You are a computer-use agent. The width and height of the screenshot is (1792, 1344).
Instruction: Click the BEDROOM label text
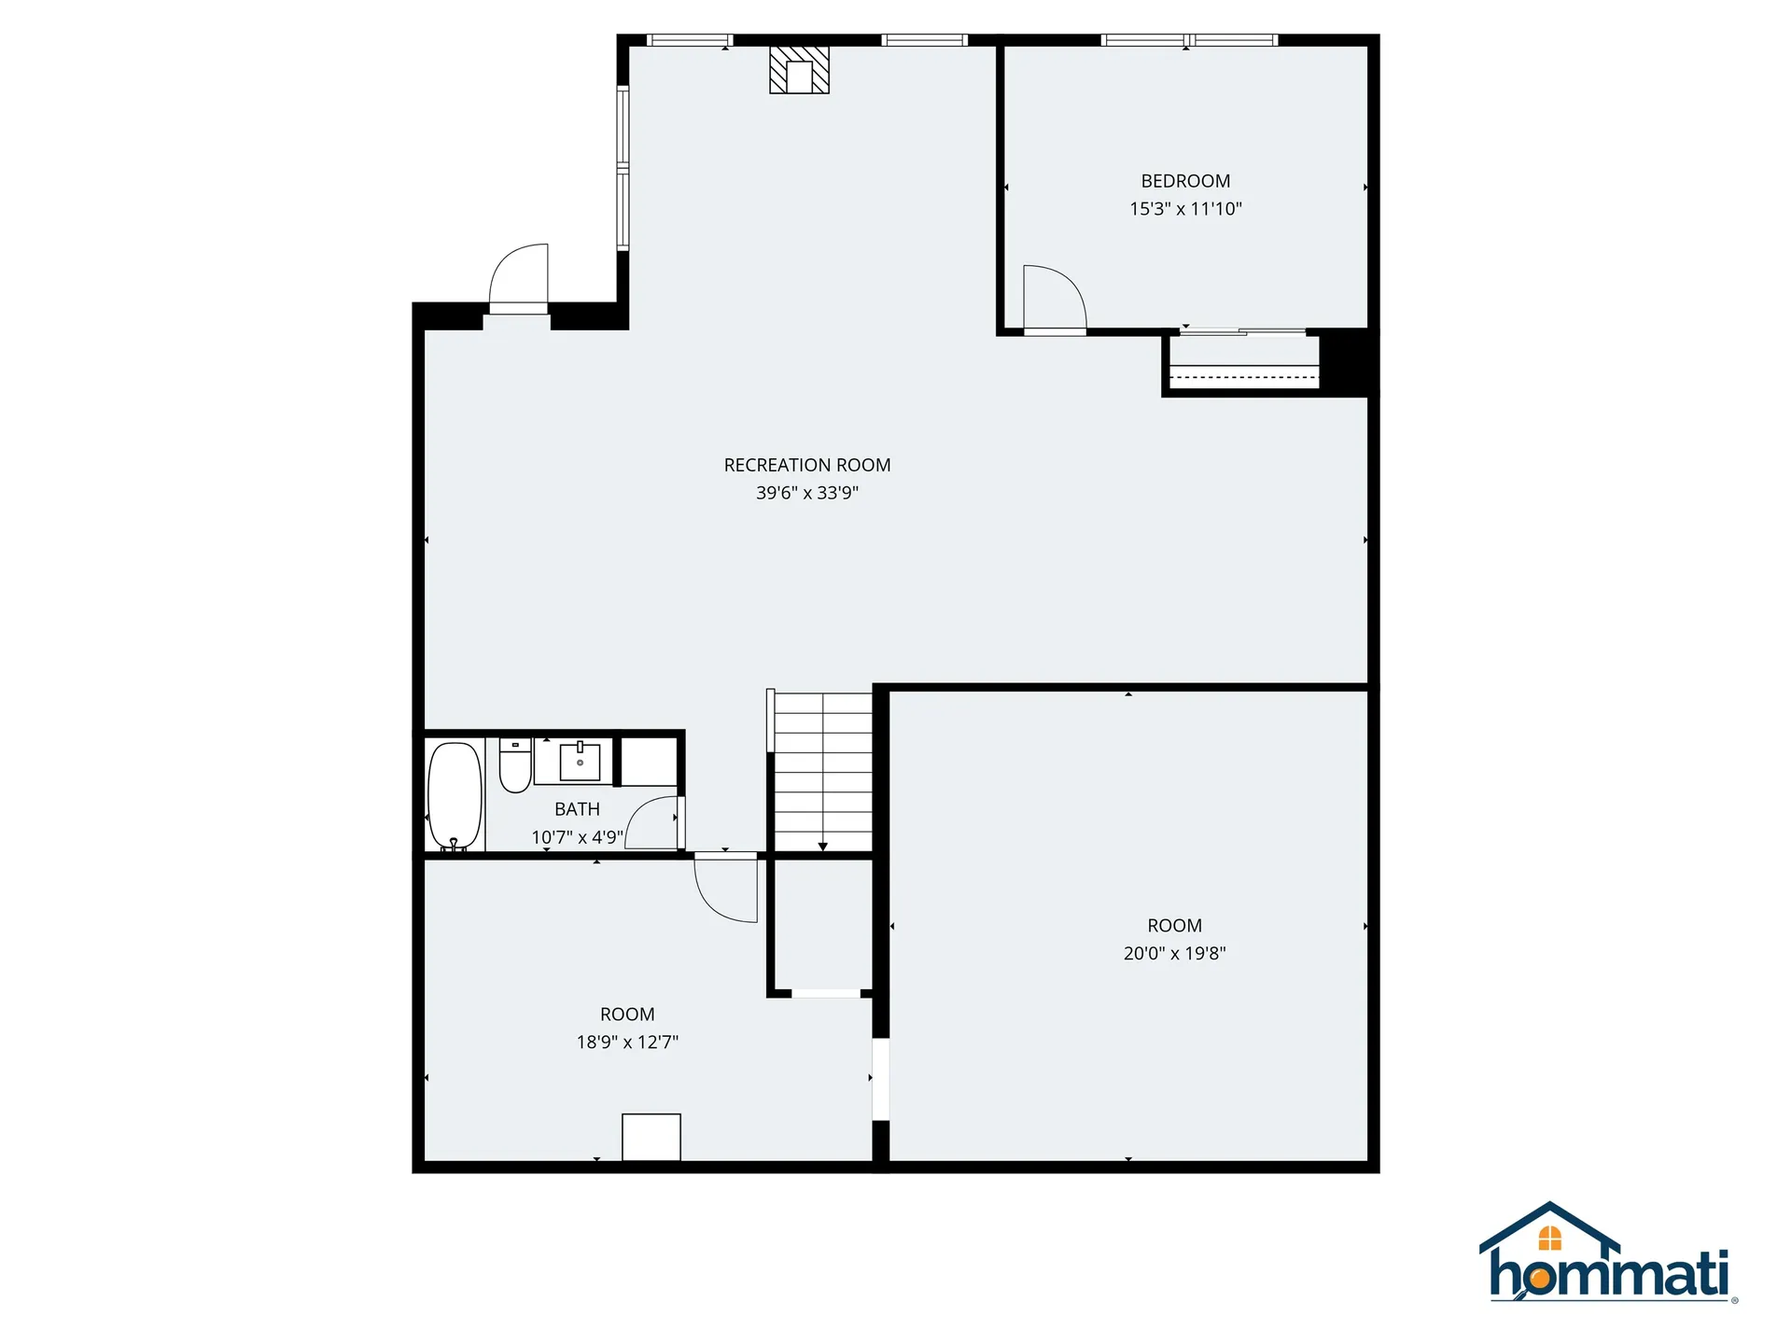point(1185,181)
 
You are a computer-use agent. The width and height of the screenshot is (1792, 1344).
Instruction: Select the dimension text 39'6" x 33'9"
point(806,493)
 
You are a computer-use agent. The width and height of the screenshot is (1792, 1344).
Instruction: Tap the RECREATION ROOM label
point(806,465)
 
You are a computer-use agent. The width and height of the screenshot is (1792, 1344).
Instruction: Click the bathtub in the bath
point(455,796)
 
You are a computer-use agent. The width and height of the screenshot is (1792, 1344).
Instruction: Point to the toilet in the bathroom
point(514,765)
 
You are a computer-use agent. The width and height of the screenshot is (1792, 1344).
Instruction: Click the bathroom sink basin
point(580,762)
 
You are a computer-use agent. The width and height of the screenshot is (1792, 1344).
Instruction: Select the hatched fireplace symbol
point(799,70)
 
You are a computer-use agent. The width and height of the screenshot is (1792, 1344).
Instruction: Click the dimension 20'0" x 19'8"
point(1174,954)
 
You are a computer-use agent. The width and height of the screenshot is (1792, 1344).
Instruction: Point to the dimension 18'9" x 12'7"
point(627,1043)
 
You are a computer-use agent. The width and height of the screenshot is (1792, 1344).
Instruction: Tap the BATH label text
point(577,809)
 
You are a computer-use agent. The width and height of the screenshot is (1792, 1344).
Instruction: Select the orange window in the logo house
point(1549,1239)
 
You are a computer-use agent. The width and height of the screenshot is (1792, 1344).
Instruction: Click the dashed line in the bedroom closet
point(1244,377)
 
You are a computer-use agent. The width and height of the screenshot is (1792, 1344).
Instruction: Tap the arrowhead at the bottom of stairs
point(822,847)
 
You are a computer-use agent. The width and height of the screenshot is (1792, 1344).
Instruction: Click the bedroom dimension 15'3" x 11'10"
point(1185,209)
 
